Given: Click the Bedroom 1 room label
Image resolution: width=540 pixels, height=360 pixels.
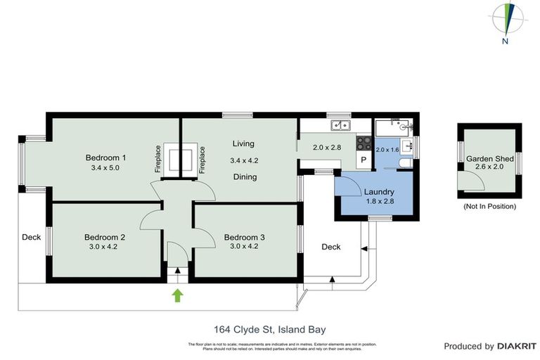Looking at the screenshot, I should tap(105, 157).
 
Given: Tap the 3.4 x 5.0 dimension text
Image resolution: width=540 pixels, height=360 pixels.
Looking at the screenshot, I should tap(105, 168).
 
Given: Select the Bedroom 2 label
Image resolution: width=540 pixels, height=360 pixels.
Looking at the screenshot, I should tap(104, 237).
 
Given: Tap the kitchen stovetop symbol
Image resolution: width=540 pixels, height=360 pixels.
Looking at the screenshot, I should tap(364, 143).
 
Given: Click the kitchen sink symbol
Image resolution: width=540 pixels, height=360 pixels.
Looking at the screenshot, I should tap(339, 126).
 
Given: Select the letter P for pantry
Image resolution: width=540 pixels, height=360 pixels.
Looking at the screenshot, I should tap(364, 160).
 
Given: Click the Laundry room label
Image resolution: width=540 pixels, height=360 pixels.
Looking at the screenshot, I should tap(378, 192).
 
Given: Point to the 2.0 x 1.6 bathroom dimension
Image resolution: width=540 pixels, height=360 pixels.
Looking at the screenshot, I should tap(387, 150).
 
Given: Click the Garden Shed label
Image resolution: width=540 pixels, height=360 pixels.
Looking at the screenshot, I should tap(489, 159).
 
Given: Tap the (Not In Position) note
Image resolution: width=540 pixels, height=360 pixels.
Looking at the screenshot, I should tap(489, 207).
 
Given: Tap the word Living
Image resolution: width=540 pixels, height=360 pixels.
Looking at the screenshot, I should tap(243, 143).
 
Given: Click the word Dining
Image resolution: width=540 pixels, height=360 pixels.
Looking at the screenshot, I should tap(245, 177).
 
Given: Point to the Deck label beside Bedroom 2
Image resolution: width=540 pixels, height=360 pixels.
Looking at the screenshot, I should tap(30, 237).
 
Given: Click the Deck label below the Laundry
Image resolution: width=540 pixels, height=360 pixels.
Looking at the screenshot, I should tap(330, 247).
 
